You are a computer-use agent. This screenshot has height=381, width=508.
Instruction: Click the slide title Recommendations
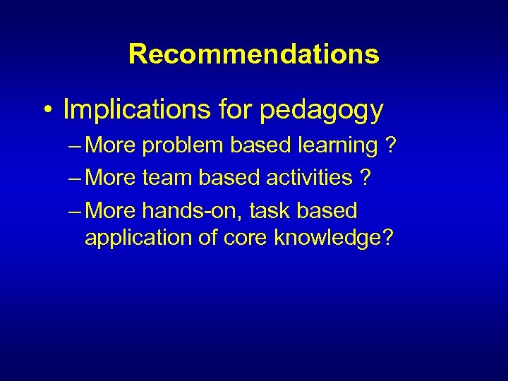click(254, 54)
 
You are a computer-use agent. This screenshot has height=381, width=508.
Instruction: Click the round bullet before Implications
click(47, 111)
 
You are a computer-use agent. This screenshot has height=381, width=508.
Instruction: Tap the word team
click(167, 178)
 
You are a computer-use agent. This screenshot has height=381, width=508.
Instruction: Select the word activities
click(309, 178)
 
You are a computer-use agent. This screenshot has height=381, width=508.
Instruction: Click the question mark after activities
click(364, 178)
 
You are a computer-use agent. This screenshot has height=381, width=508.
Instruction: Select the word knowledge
click(327, 238)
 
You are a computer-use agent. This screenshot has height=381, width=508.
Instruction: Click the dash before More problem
click(75, 146)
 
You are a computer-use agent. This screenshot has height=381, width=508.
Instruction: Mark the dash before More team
click(75, 179)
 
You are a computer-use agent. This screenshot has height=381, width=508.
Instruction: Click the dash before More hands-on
click(75, 211)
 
